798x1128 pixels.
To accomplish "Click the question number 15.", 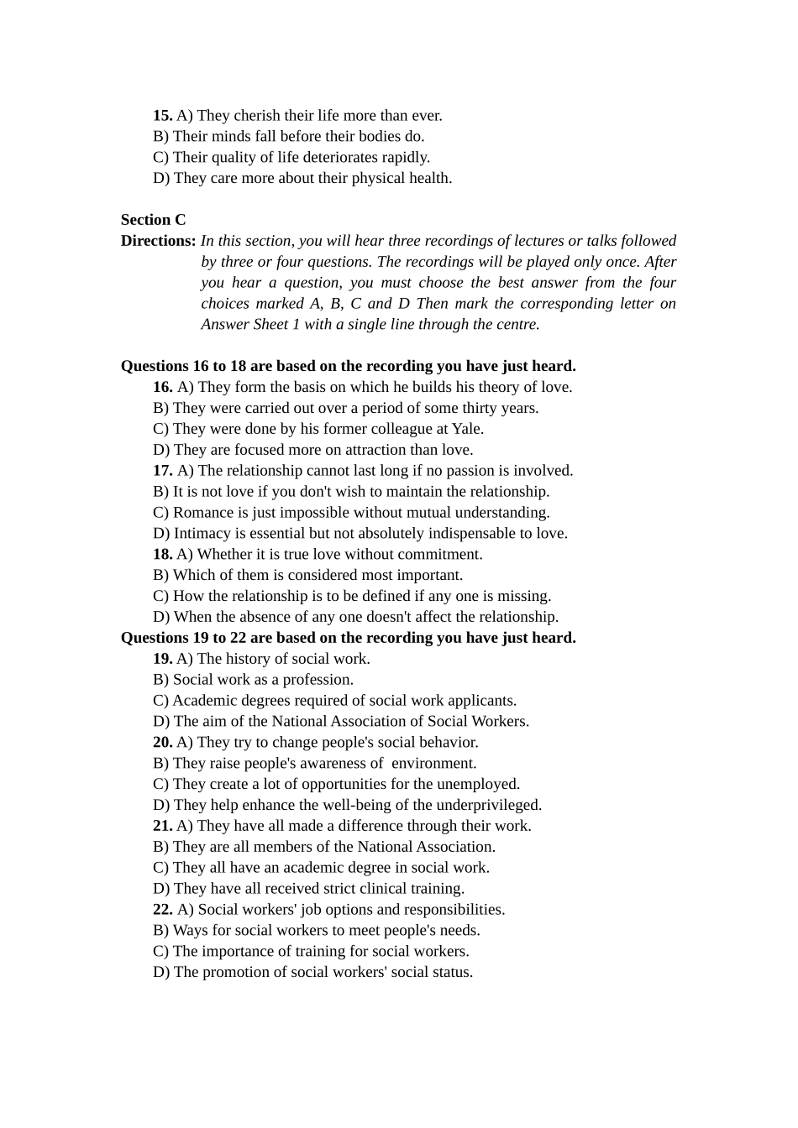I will tap(162, 116).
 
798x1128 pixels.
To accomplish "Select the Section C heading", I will tap(153, 220).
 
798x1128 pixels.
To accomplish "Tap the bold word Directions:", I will tap(158, 241).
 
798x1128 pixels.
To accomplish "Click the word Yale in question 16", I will tap(466, 429).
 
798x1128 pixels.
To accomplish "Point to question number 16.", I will tap(162, 387).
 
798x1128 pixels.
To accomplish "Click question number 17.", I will tap(162, 471).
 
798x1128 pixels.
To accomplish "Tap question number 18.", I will tap(162, 555).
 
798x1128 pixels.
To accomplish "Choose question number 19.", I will tap(162, 659).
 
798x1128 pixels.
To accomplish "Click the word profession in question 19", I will tap(318, 680).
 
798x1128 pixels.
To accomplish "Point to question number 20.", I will tap(162, 743).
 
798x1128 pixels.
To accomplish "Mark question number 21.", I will tap(162, 826).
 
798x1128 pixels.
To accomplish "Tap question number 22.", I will tap(162, 910).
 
